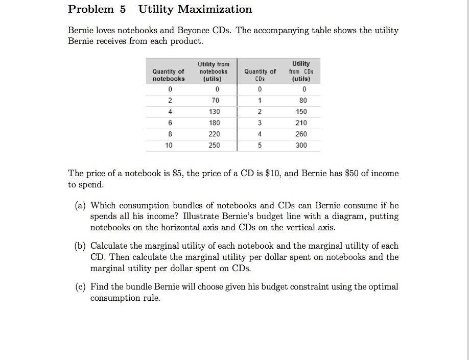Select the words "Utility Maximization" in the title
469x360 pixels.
[x=195, y=9]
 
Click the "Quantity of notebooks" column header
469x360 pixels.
[x=169, y=75]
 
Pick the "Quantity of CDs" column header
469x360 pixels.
[x=260, y=75]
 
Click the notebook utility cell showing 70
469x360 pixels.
[x=214, y=101]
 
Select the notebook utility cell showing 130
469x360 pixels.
[x=214, y=111]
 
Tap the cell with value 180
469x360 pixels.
[x=214, y=123]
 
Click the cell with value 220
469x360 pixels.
[x=214, y=134]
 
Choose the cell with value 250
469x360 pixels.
[x=214, y=145]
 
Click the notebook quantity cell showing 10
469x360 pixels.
[x=169, y=145]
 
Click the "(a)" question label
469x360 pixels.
[x=80, y=206]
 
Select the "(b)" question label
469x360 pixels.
[x=80, y=246]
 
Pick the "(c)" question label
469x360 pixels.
[x=80, y=286]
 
